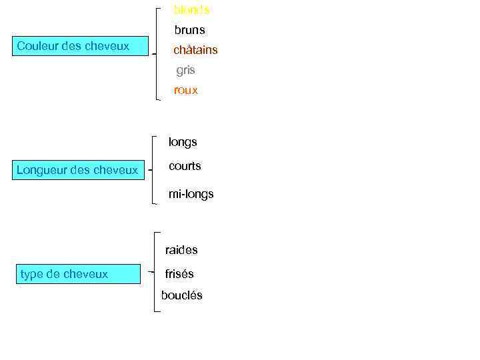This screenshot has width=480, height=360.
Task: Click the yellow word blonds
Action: click(x=191, y=10)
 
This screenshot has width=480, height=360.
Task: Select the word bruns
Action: click(x=190, y=30)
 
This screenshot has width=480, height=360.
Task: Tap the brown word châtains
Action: click(x=195, y=50)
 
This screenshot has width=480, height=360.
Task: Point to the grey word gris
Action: click(x=185, y=70)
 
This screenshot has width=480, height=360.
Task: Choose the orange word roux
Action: click(x=186, y=90)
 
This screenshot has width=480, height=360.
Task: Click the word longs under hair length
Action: click(x=183, y=142)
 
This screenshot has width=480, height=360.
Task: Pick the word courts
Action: click(x=185, y=166)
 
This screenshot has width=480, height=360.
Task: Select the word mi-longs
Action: click(x=191, y=194)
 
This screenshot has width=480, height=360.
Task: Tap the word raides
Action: click(x=181, y=250)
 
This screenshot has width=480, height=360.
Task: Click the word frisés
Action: click(x=179, y=273)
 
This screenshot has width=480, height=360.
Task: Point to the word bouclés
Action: click(x=181, y=295)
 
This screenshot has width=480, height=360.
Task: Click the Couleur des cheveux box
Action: click(x=80, y=46)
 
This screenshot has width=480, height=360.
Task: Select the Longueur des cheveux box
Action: click(x=79, y=170)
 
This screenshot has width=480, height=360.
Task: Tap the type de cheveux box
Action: click(x=77, y=274)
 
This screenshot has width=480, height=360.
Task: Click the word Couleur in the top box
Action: click(x=37, y=46)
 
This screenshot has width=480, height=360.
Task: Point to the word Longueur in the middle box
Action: click(x=41, y=170)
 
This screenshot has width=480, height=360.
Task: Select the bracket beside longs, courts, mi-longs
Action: click(x=153, y=170)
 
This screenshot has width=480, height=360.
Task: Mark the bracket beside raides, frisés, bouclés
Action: click(x=155, y=272)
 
